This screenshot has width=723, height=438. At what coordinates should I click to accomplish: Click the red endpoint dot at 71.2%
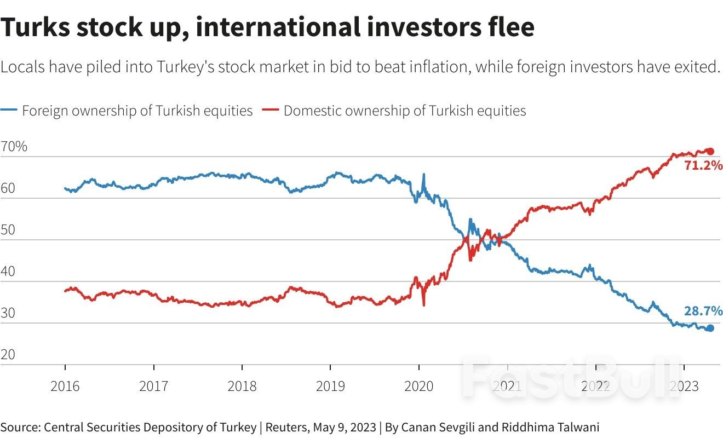(x=710, y=152)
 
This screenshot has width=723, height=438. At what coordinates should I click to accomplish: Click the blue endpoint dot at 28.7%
(x=710, y=328)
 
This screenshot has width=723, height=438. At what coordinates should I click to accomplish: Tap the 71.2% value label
(x=703, y=165)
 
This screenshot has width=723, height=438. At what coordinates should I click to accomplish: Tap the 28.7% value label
(x=703, y=312)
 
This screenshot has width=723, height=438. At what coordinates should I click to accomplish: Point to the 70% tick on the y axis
(x=14, y=147)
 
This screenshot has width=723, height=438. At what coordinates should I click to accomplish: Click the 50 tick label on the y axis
(x=9, y=230)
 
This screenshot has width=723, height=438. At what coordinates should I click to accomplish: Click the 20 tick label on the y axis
(x=9, y=355)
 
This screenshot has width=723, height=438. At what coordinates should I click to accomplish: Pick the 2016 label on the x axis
(x=65, y=386)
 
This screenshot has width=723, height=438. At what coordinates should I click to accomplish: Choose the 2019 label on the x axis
(x=330, y=386)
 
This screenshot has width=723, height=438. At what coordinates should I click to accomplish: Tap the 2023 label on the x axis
(x=684, y=386)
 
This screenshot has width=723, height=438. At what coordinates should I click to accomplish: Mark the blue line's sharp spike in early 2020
(x=423, y=175)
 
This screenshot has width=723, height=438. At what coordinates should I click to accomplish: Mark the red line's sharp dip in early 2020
(x=423, y=304)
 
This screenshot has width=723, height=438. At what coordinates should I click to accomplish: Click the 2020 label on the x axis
(x=418, y=386)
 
